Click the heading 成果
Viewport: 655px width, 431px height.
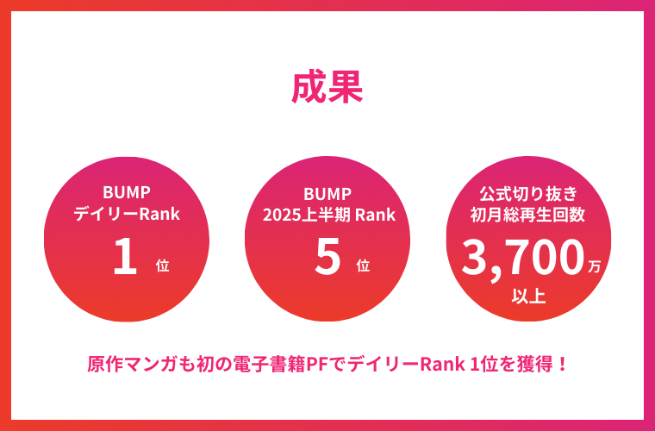coord(327,88)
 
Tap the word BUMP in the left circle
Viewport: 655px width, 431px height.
coord(127,192)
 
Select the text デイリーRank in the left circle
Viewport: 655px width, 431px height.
coord(127,215)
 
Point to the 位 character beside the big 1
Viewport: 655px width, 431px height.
coord(163,265)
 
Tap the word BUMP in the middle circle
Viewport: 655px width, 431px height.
coord(327,194)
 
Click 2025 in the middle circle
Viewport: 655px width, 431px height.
coord(278,215)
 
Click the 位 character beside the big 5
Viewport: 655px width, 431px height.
coord(363,265)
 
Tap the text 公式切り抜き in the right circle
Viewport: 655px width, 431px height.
coord(528,194)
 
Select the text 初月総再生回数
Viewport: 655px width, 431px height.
coord(528,215)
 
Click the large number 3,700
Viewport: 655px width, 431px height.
coord(522,258)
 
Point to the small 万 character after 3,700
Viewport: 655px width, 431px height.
coord(594,266)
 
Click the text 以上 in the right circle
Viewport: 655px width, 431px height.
coord(528,297)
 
